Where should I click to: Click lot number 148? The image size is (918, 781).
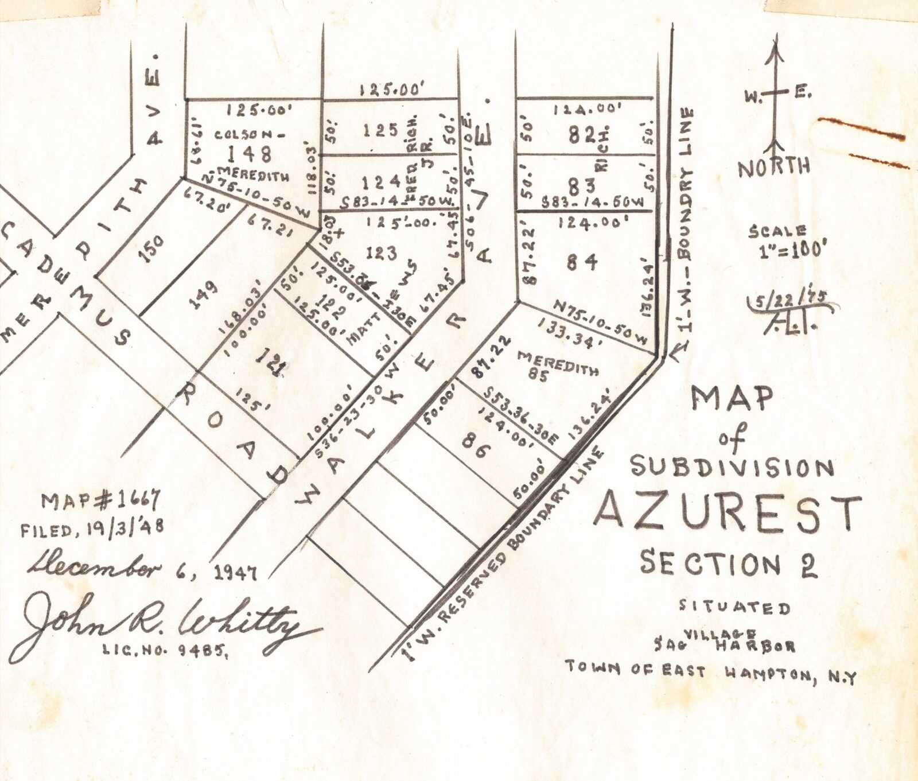point(249,154)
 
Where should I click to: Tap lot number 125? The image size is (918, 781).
point(380,130)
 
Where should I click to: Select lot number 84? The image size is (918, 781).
point(582,262)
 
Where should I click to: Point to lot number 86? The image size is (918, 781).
point(476,450)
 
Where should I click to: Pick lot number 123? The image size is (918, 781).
point(382,252)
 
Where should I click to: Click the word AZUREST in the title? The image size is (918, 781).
point(728,511)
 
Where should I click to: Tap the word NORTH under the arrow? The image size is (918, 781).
point(774,168)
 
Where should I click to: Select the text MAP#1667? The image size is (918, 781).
point(100,502)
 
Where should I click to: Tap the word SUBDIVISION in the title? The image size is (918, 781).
point(732,467)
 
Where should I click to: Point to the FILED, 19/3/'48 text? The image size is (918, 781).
point(92,529)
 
